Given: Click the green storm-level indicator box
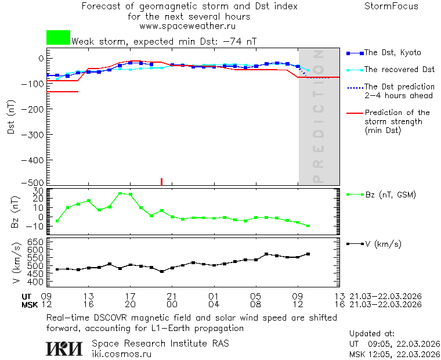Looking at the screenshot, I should tap(58, 38).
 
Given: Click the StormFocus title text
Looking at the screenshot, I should tap(391, 6).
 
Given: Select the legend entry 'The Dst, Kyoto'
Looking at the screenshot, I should tap(392, 53).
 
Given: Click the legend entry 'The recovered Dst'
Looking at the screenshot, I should tap(399, 70).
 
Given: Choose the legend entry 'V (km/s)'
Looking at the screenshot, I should tap(383, 244).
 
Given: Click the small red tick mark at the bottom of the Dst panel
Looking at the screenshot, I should tap(161, 182).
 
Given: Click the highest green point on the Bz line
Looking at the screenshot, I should tap(120, 193).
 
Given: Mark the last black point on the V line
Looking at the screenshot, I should tap(308, 254).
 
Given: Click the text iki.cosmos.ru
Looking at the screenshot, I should tap(121, 354).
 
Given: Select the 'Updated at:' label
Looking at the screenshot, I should tap(371, 334).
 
